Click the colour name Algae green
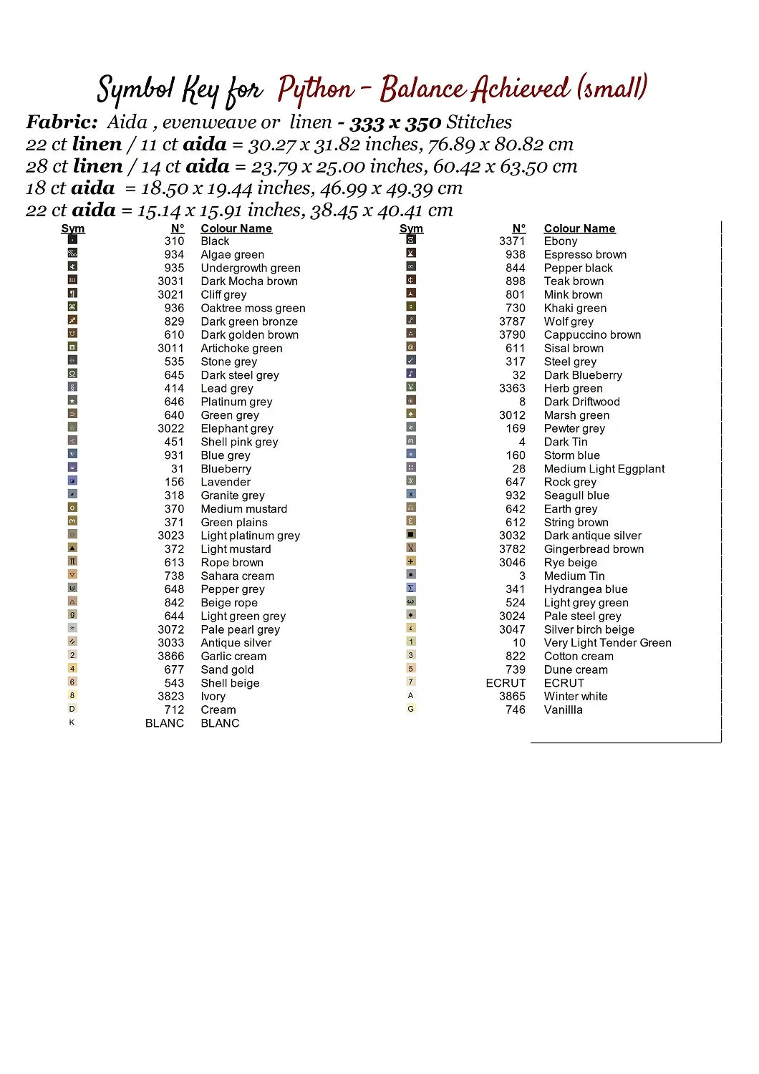pyautogui.click(x=232, y=255)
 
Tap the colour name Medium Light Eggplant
pyautogui.click(x=604, y=469)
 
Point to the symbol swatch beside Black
pyautogui.click(x=72, y=241)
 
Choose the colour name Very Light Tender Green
pyautogui.click(x=607, y=643)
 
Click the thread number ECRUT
pyautogui.click(x=506, y=683)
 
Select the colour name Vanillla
pyautogui.click(x=563, y=710)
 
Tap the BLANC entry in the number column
pyautogui.click(x=164, y=723)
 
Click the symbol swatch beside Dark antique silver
pyautogui.click(x=411, y=535)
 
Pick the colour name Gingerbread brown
pyautogui.click(x=594, y=549)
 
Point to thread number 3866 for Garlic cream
pyautogui.click(x=170, y=656)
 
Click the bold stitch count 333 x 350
pyautogui.click(x=395, y=122)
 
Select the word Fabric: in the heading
pyautogui.click(x=62, y=122)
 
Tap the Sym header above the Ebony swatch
pyautogui.click(x=411, y=228)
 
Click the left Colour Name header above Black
pyautogui.click(x=236, y=228)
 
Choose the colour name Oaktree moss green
pyautogui.click(x=253, y=308)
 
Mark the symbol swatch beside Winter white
pyautogui.click(x=411, y=695)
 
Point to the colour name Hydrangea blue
pyautogui.click(x=585, y=589)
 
